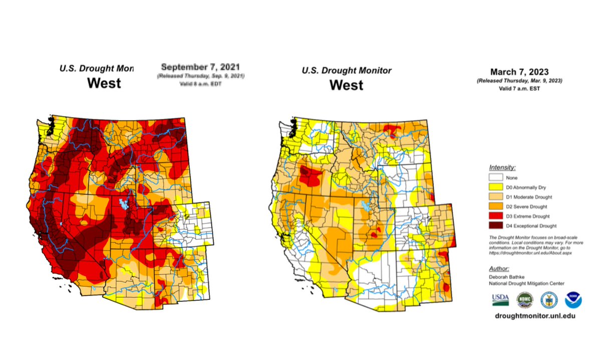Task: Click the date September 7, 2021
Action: tap(200, 67)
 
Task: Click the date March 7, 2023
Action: tap(519, 72)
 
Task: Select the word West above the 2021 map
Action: tap(104, 83)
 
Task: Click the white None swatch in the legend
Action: tap(497, 178)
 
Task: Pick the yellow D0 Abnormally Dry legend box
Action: tap(497, 187)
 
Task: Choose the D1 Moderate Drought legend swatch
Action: tap(497, 197)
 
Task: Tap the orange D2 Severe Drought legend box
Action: tap(497, 206)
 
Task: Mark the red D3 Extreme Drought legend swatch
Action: tap(497, 216)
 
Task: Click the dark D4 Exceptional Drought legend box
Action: tap(497, 226)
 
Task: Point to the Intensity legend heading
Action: tap(502, 168)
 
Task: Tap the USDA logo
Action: tap(500, 299)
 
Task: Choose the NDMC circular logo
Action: tap(524, 299)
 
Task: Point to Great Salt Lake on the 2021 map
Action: tap(122, 204)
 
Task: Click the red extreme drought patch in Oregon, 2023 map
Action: tap(311, 175)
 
